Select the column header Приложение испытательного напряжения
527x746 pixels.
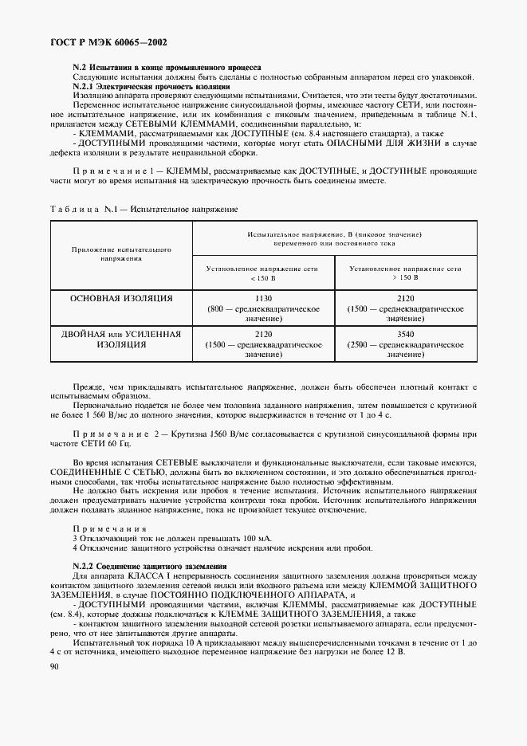[x=121, y=254]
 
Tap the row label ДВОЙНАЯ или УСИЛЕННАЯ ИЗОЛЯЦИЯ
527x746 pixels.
[x=121, y=340]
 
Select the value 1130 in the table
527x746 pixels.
[x=262, y=298]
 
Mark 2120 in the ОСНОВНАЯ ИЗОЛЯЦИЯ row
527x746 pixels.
[x=405, y=298]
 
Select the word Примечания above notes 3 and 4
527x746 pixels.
[x=98, y=529]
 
